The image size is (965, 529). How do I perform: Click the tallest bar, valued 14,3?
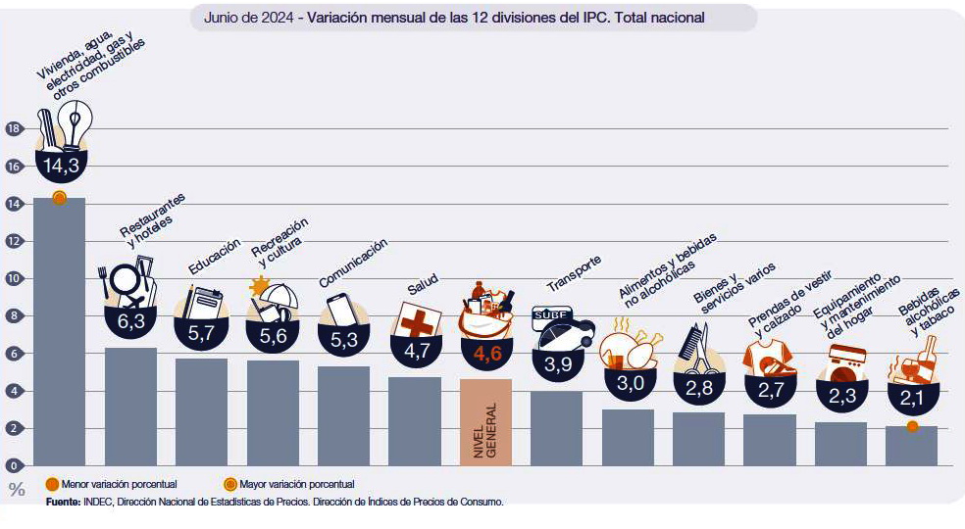click(x=59, y=333)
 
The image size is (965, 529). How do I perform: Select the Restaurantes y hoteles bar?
click(x=130, y=406)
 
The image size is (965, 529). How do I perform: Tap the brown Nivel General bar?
click(x=485, y=421)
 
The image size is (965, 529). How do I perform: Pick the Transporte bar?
click(x=556, y=428)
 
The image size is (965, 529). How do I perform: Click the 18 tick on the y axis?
click(x=13, y=128)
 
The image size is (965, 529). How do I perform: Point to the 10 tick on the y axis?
click(x=13, y=278)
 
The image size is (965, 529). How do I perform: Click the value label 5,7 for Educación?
click(x=201, y=333)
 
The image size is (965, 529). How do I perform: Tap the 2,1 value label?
click(x=912, y=399)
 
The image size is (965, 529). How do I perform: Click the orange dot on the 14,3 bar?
click(x=59, y=198)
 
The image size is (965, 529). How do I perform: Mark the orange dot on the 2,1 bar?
click(x=912, y=426)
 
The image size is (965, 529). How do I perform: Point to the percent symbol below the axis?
click(x=16, y=490)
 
